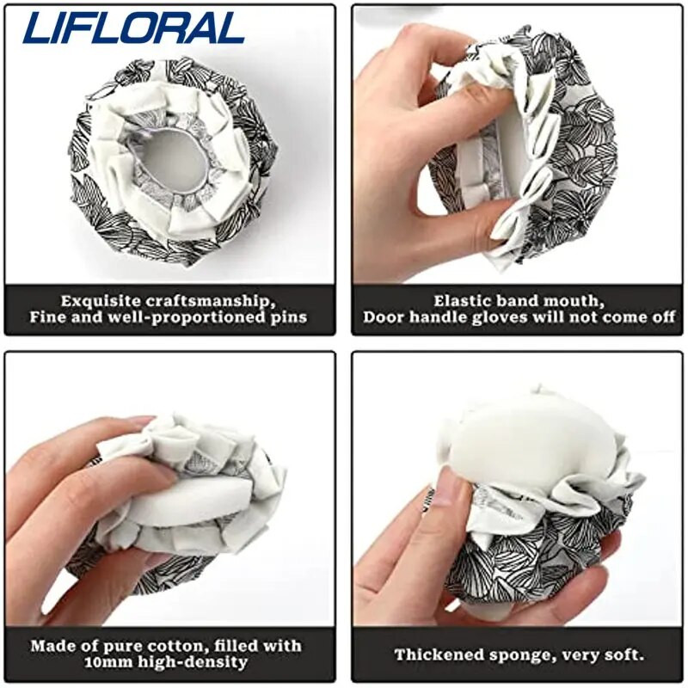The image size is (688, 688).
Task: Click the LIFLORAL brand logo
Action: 133,28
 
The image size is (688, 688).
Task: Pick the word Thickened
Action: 439,654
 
